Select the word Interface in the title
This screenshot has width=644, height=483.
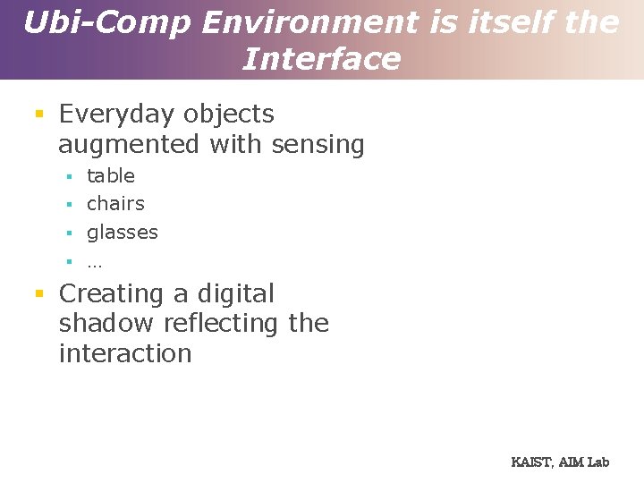click(x=321, y=60)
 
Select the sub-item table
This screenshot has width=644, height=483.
click(x=111, y=176)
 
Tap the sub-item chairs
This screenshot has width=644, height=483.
click(x=115, y=204)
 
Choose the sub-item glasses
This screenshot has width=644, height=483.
click(x=123, y=233)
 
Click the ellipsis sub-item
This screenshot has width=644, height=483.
click(x=95, y=263)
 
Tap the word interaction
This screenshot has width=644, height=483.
click(x=125, y=353)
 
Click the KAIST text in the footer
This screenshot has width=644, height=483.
click(x=531, y=462)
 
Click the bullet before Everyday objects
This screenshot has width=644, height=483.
click(x=38, y=114)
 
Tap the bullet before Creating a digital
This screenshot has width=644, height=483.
click(x=38, y=293)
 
